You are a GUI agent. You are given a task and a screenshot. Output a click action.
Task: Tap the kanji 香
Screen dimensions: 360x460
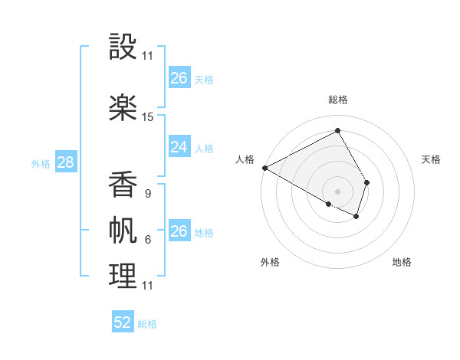tap(123, 183)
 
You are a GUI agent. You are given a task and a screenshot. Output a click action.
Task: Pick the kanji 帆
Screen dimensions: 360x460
tap(123, 229)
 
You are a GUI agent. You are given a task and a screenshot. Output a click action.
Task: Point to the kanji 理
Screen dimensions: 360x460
tap(123, 275)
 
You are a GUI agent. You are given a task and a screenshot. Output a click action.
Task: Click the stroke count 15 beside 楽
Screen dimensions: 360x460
tap(148, 117)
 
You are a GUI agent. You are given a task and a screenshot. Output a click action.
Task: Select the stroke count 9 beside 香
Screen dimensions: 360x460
tap(147, 194)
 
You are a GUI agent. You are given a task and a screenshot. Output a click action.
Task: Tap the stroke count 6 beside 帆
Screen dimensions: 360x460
tap(147, 240)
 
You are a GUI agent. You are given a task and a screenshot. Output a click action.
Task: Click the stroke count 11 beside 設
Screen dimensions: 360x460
tap(148, 56)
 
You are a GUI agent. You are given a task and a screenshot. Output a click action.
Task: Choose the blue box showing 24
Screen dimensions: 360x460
tap(179, 147)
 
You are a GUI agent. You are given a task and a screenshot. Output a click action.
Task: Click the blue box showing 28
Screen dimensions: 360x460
tap(65, 162)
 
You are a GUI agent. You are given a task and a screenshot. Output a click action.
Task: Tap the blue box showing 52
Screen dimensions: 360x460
tap(123, 322)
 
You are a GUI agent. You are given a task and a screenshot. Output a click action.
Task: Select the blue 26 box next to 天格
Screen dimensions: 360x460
tap(179, 77)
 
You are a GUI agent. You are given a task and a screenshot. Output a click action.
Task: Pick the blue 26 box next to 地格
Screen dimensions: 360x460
tap(179, 231)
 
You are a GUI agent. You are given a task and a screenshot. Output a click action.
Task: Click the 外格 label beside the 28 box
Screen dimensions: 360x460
tap(41, 163)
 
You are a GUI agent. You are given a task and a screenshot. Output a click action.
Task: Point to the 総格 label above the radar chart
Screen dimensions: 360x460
tap(338, 100)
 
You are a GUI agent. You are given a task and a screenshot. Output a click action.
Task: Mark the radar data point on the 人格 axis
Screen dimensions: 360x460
tap(264, 167)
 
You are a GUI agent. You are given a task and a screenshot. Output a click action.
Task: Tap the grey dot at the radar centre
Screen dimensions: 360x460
tap(338, 190)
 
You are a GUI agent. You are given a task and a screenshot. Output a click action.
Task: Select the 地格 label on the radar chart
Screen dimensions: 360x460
tap(402, 262)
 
